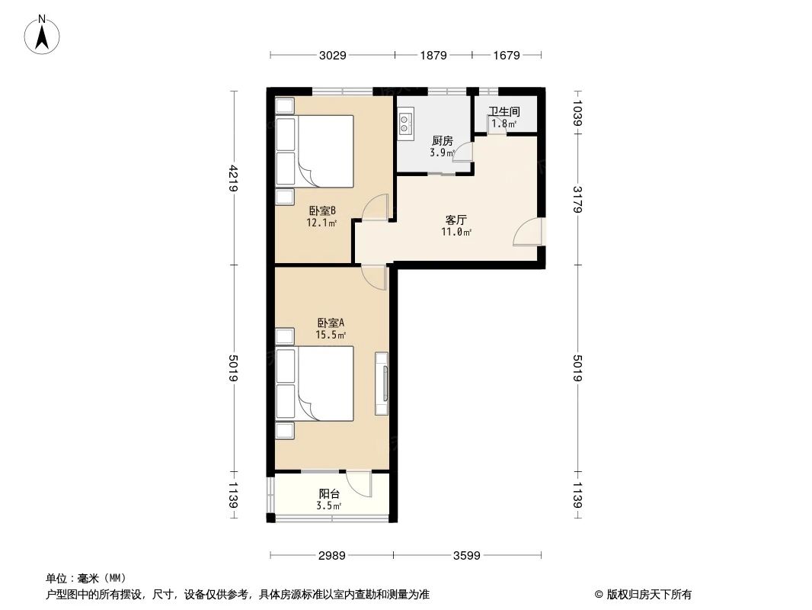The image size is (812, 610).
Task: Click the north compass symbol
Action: pos(43,34)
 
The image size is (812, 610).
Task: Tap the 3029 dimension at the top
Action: pos(333,55)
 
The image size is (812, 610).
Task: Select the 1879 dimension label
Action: pos(433,55)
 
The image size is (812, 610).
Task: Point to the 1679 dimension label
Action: pos(506,55)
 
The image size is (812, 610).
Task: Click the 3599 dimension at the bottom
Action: pos(466,556)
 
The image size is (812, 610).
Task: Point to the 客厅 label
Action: pos(456,220)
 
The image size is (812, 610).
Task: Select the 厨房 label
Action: pos(442,141)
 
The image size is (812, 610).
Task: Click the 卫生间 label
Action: pos(504,111)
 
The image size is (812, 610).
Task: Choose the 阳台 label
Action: pos(329,494)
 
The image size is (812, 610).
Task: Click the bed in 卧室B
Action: pos(324,151)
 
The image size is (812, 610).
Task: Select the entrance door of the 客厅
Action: pos(529,233)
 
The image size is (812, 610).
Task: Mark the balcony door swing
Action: pos(358,483)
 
